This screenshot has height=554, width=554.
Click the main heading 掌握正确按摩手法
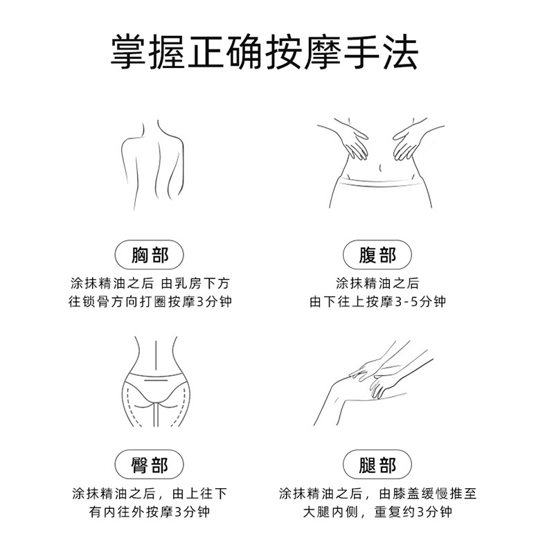(x=265, y=52)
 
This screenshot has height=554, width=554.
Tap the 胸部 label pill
(x=150, y=256)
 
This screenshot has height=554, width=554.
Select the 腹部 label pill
(x=377, y=256)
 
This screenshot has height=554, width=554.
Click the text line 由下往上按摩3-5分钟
(x=377, y=303)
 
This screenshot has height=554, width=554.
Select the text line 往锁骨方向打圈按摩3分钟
(x=150, y=303)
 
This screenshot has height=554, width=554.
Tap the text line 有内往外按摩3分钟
(x=150, y=512)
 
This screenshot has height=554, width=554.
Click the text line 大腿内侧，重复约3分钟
(x=377, y=512)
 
